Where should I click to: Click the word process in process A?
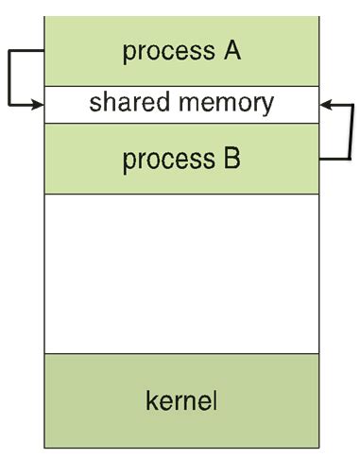pos(163,52)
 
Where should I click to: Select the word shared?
pos(132,103)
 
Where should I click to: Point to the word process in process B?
pos(163,160)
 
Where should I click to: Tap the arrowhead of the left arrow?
pos(39,103)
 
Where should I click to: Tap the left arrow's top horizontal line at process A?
pos(26,52)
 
